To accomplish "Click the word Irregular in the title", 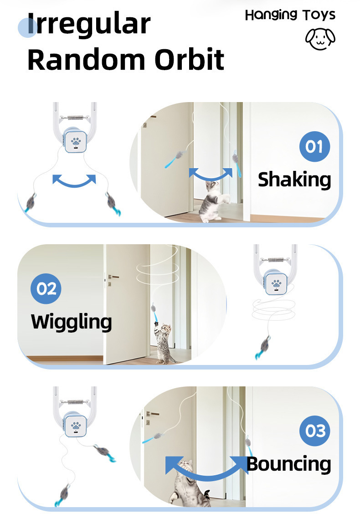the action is click(x=89, y=24).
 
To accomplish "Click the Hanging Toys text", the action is click(x=290, y=15).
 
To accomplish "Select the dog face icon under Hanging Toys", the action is click(x=320, y=39).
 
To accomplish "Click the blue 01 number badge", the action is click(x=314, y=146).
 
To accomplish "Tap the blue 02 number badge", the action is click(x=46, y=289).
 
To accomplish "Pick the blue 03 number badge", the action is click(x=314, y=431).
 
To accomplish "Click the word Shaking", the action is click(x=294, y=180).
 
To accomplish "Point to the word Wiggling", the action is click(x=71, y=322).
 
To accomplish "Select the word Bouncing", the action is click(x=289, y=464).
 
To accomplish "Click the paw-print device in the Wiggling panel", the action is click(x=276, y=282).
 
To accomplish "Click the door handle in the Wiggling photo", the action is click(x=113, y=277).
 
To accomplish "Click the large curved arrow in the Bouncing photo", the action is click(x=207, y=476).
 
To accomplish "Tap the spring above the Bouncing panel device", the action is click(x=75, y=402).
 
